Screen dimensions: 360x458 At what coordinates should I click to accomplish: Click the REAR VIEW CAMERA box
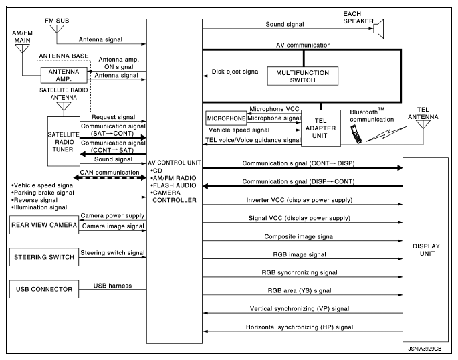pyautogui.click(x=43, y=225)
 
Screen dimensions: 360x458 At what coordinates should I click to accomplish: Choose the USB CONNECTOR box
pyautogui.click(x=43, y=290)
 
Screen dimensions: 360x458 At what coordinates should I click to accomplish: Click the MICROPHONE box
pyautogui.click(x=226, y=118)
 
